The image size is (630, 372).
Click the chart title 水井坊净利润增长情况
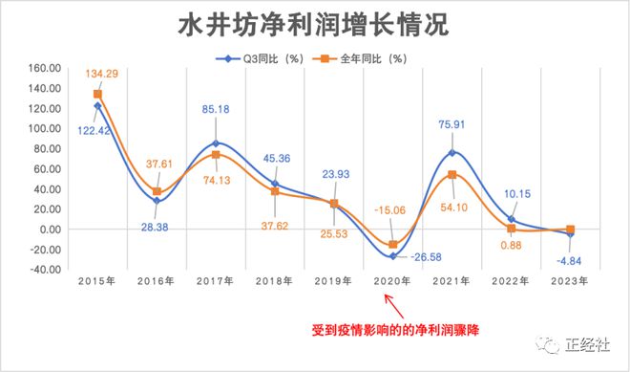(315, 25)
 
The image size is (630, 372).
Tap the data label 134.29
(106, 74)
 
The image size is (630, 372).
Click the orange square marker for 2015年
(97, 94)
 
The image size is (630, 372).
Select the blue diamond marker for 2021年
(451, 153)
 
